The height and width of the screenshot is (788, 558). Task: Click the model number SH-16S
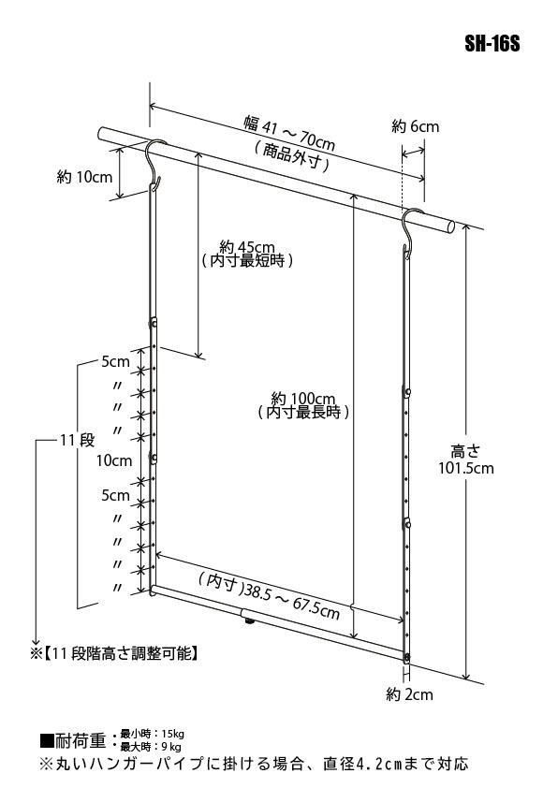492,44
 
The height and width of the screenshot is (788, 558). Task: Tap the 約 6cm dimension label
416,126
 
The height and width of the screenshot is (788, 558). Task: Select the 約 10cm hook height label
84,177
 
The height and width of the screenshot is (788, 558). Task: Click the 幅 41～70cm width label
289,132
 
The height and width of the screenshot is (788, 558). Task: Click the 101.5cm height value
466,468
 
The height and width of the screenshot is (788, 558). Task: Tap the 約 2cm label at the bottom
409,694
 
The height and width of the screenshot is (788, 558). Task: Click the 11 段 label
78,440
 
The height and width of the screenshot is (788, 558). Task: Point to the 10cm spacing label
114,460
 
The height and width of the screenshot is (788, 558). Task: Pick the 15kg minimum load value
172,735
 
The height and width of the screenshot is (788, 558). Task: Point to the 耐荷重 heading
80,741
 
